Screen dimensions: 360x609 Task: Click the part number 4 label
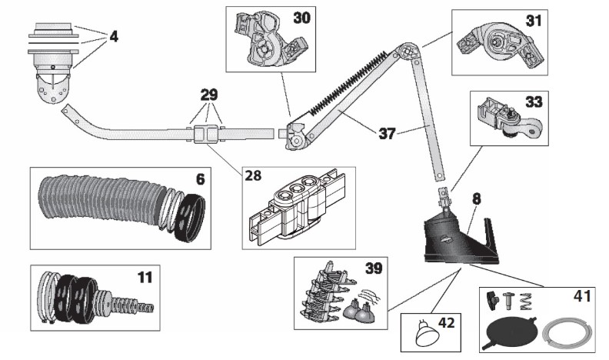(x=114, y=36)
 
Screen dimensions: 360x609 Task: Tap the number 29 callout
(x=208, y=95)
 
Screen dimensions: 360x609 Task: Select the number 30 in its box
(x=301, y=18)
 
